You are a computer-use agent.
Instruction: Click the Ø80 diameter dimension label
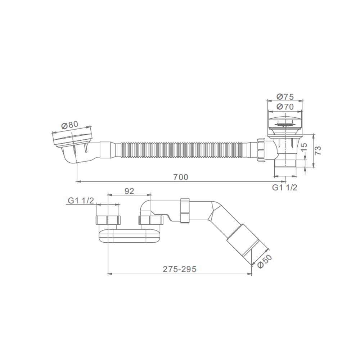pyautogui.click(x=70, y=125)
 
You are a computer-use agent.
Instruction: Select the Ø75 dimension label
pyautogui.click(x=285, y=97)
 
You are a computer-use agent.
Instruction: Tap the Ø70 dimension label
pyautogui.click(x=285, y=107)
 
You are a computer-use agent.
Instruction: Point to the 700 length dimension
pyautogui.click(x=181, y=177)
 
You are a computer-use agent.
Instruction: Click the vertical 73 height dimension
pyautogui.click(x=318, y=150)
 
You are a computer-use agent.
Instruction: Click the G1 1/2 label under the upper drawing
pyautogui.click(x=285, y=188)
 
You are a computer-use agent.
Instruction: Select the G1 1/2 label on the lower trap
pyautogui.click(x=81, y=201)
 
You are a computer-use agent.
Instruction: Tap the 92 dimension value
pyautogui.click(x=129, y=191)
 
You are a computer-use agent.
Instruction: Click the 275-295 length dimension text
pyautogui.click(x=180, y=269)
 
